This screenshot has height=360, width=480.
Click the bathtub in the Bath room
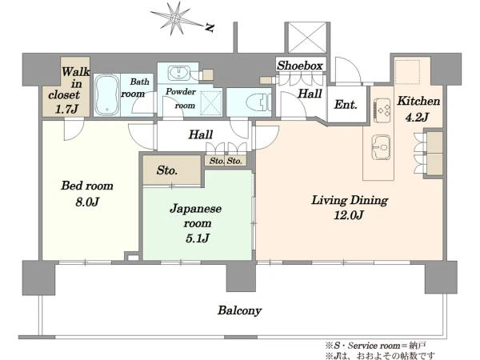[x=107, y=95]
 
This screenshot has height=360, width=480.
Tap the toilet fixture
[x=258, y=102]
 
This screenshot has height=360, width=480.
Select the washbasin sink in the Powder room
[x=178, y=73]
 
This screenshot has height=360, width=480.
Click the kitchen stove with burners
[x=382, y=110]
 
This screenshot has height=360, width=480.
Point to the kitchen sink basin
[x=381, y=147]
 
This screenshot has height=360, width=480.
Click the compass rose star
[x=174, y=18]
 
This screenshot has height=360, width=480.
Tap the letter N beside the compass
[x=210, y=28]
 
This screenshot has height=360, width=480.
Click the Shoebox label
[x=300, y=66]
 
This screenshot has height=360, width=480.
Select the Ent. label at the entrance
[x=346, y=105]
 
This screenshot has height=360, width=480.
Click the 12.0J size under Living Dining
[x=349, y=215]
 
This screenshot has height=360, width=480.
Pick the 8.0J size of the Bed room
[x=87, y=202]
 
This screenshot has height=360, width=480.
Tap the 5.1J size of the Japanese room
[x=197, y=238]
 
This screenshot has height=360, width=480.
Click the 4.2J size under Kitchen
[x=417, y=117]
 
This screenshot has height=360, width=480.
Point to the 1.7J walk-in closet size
[x=66, y=109]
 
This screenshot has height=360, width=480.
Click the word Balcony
[x=240, y=310]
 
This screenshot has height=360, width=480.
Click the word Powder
[x=181, y=91]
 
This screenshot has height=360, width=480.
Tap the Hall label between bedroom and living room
[x=201, y=134]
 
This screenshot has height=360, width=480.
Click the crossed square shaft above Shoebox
[x=307, y=38]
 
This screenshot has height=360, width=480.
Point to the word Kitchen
[x=418, y=101]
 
